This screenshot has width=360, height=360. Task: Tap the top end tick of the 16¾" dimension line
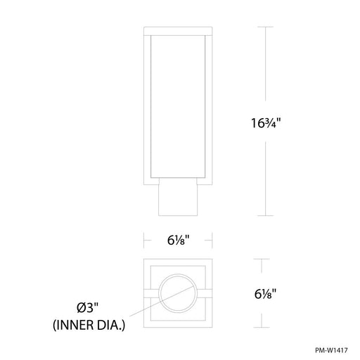(x=264, y=27)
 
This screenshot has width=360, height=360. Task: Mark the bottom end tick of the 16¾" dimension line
(x=264, y=216)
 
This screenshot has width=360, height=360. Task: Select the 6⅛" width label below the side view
(x=179, y=239)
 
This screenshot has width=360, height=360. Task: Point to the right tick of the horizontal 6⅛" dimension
(x=212, y=239)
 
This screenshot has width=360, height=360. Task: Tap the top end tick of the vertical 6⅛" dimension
(x=264, y=259)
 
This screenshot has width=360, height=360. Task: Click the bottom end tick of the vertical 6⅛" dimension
(x=264, y=327)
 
